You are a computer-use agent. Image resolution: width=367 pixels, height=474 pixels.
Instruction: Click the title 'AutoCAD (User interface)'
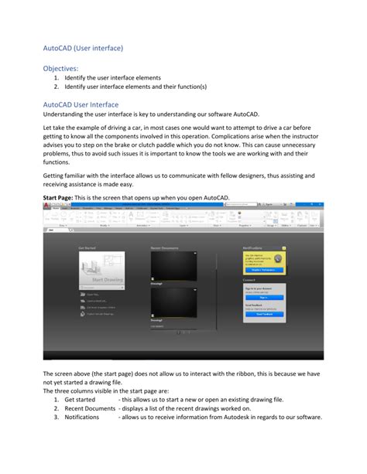coord(83,48)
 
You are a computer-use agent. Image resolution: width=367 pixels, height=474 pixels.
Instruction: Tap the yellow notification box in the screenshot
coord(263,262)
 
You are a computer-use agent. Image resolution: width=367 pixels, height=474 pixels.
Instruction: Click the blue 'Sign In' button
coord(263,297)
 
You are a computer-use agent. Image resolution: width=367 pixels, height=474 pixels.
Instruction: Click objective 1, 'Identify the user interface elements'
coord(112,78)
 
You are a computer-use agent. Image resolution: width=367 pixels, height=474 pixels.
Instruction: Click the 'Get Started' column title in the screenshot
coord(87,248)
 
